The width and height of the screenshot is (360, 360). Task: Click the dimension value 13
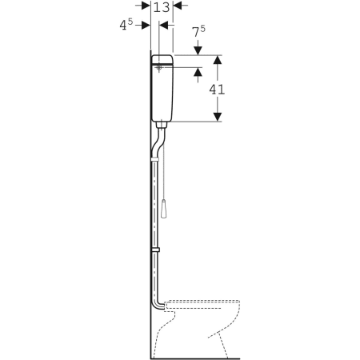pyautogui.click(x=162, y=7)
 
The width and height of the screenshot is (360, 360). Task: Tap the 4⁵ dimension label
pyautogui.click(x=126, y=25)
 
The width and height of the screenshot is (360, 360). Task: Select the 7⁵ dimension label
pyautogui.click(x=199, y=31)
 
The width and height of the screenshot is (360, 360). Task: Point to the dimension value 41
pyautogui.click(x=217, y=90)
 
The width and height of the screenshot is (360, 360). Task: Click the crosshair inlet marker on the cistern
pyautogui.click(x=159, y=67)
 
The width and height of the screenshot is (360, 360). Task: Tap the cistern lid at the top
pyautogui.click(x=162, y=60)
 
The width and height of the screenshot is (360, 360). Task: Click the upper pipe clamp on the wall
pyautogui.click(x=155, y=159)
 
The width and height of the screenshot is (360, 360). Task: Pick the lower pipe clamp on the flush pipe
pyautogui.click(x=155, y=250)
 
